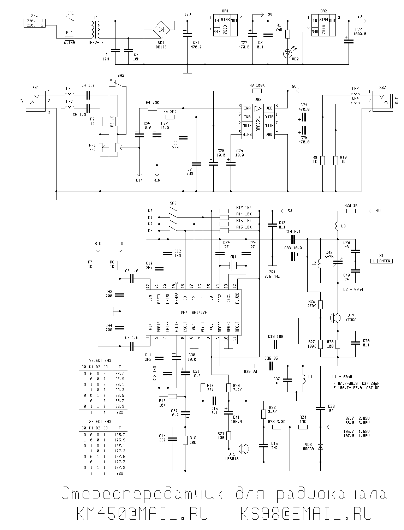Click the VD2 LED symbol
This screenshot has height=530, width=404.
point(287,54)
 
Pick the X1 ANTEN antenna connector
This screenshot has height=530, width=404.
point(381,261)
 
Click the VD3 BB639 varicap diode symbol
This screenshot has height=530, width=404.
point(320,447)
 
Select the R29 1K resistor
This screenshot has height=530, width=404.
point(351,211)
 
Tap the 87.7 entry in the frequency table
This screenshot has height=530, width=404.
point(120,373)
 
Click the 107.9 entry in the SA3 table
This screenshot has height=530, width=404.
point(120,468)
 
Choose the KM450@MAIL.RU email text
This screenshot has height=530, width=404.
point(142,514)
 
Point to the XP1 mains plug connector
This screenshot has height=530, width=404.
point(34,23)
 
